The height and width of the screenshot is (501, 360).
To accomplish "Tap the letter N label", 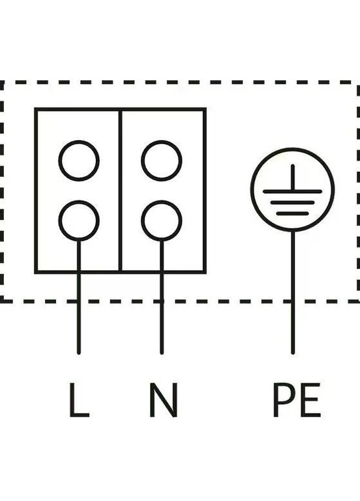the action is tap(163, 400).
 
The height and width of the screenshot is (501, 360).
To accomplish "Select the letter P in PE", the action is tap(283, 400).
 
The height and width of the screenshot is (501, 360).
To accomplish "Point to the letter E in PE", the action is tap(310, 400).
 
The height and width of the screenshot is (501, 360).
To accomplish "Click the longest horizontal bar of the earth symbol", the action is tap(292, 191).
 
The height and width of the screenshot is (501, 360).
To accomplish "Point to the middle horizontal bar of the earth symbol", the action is tap(292, 203).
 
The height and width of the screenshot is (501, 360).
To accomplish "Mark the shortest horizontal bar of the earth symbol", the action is tap(292, 213).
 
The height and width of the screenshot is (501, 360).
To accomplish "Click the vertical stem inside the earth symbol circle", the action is tap(293, 177).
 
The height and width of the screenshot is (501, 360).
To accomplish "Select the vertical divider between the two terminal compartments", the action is tap(120, 191).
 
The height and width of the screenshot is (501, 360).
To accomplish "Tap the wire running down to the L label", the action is tap(79, 297).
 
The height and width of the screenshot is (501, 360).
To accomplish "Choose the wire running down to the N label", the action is tap(162, 297).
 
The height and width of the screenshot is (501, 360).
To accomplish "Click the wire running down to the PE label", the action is tap(293, 292).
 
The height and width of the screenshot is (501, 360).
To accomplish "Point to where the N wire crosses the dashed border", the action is tap(162, 301).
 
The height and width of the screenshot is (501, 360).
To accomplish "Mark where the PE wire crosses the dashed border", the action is tap(293, 301).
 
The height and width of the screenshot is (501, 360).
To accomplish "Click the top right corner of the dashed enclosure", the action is tap(358, 82).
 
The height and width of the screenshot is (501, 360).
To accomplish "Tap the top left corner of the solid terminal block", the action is tap(36, 110).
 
